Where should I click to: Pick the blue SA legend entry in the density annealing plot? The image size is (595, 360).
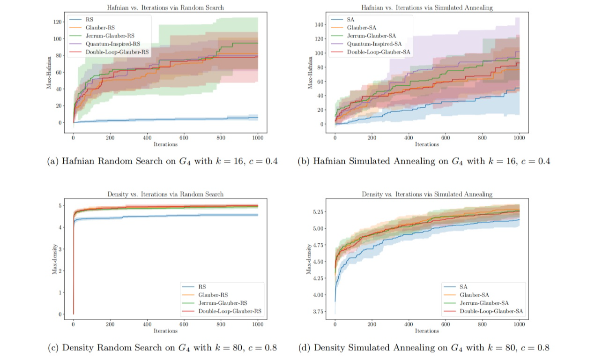(x=463, y=286)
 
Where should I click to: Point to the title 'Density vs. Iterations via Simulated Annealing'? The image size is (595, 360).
(x=427, y=194)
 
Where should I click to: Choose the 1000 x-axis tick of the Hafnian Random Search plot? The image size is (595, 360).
(x=258, y=139)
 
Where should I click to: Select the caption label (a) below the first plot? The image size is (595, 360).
(x=53, y=161)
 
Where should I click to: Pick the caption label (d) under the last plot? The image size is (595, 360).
(x=304, y=348)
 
